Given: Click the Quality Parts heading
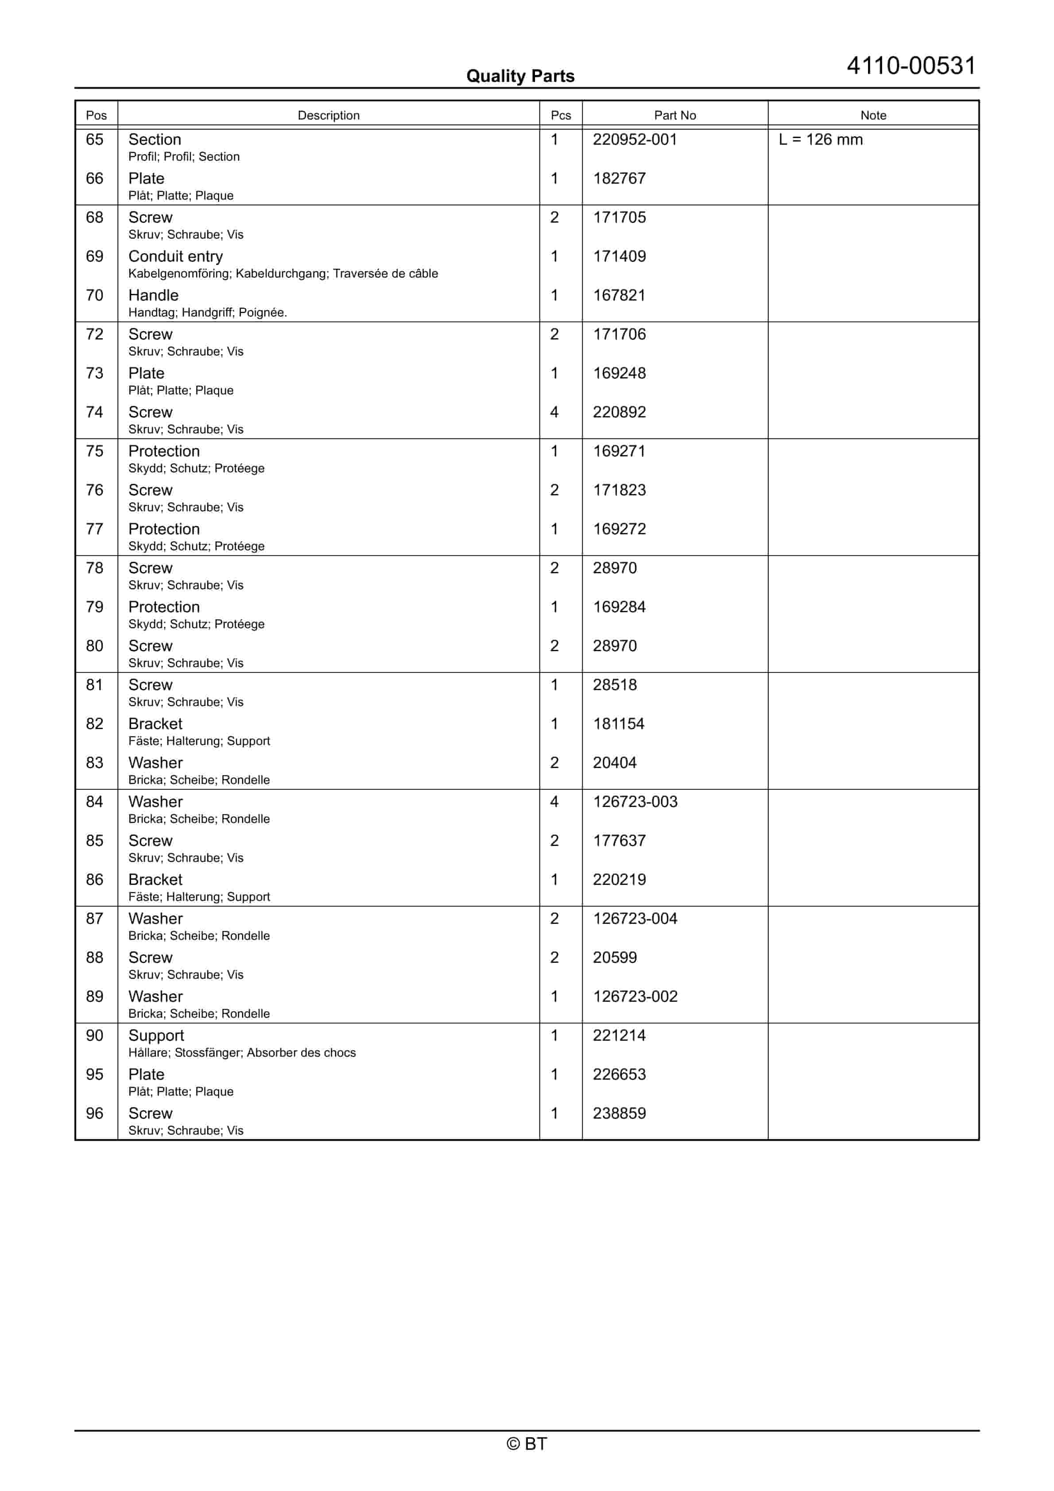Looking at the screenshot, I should pos(520,76).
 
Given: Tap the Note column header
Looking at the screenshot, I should pos(873,115).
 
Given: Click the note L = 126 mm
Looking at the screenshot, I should pos(820,139).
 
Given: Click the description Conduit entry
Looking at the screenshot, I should pos(175,256).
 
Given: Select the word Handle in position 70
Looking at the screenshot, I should pos(153,295).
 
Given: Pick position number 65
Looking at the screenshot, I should pos(95,139).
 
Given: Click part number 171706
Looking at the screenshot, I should pos(619,334).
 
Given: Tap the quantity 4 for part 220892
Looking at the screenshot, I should pos(554,412).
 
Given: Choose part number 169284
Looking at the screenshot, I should pos(619,607).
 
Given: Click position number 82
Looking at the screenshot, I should pos(95,724).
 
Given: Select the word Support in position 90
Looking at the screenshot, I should pos(156,1036).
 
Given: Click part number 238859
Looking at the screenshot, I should pos(619,1114).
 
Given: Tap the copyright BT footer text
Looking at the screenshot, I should pos(527,1444).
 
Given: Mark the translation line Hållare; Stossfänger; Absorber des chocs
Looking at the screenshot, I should pos(242,1053).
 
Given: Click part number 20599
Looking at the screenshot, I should pos(614,958).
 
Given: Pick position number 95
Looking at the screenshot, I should pos(95,1075).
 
